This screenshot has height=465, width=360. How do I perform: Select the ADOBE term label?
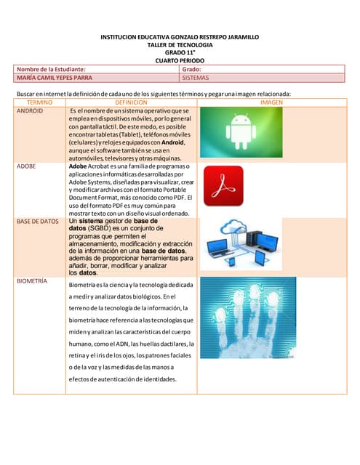click(25, 166)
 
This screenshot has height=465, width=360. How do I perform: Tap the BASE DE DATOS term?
click(37, 221)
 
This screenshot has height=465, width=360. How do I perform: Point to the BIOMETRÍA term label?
click(32, 280)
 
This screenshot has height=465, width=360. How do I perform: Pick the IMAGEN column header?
click(271, 103)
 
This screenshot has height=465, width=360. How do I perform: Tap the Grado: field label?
click(191, 68)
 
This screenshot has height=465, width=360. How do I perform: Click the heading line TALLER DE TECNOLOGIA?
click(180, 44)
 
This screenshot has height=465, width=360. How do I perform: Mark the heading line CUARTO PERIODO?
click(180, 60)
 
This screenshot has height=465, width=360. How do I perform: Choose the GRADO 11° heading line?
click(180, 52)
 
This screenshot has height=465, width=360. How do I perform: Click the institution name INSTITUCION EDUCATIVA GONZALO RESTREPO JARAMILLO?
click(180, 37)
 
